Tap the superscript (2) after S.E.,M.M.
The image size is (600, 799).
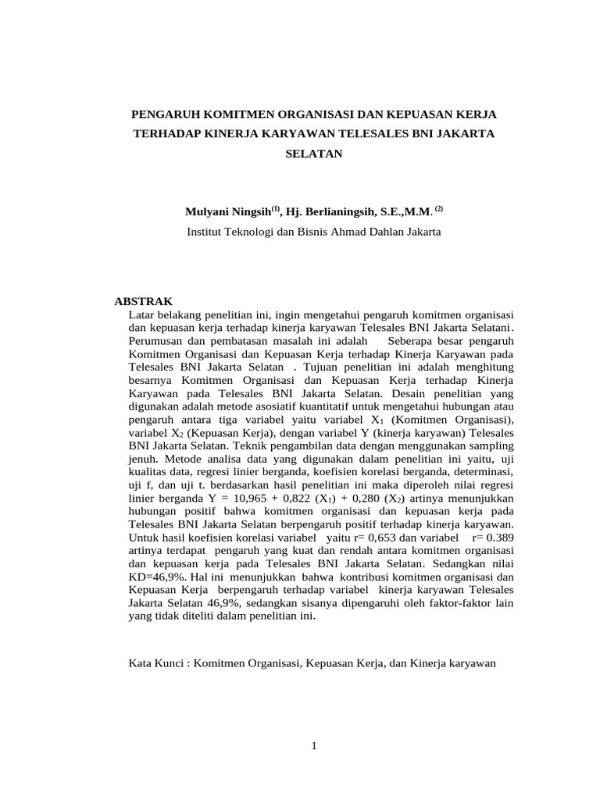coord(439,208)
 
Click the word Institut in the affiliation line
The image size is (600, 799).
coord(206,232)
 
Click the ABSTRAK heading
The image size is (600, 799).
coord(144,300)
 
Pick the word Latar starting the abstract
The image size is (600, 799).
coord(140,314)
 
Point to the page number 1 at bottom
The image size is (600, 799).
coord(313,746)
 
